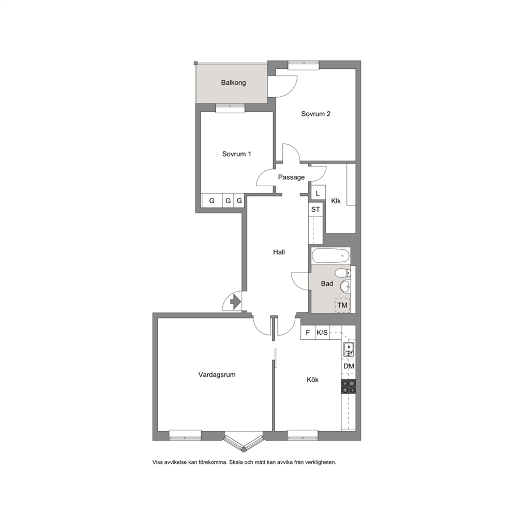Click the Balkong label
(x=233, y=83)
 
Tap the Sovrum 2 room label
(x=315, y=114)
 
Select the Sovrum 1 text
(x=237, y=154)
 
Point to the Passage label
(x=291, y=177)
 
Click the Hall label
(x=279, y=252)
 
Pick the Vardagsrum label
(x=217, y=375)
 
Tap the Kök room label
(x=312, y=380)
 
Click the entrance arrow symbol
(x=235, y=301)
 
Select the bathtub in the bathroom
(x=330, y=255)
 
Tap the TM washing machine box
(x=342, y=305)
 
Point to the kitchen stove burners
(x=349, y=386)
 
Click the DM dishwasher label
(x=349, y=367)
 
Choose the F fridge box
(x=308, y=333)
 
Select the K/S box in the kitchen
(x=322, y=333)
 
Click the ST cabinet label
(x=315, y=209)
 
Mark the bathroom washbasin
(x=344, y=286)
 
